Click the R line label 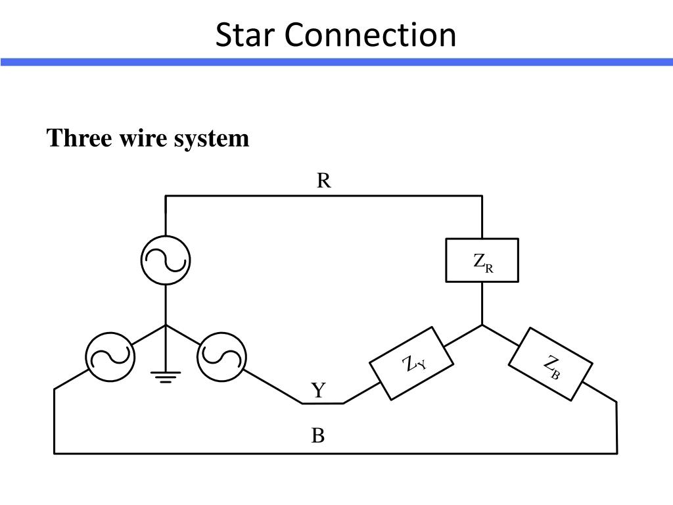[323, 180]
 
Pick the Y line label [319, 391]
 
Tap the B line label [318, 435]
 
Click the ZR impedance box [482, 260]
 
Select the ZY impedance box [411, 363]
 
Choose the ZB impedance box [551, 364]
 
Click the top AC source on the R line [166, 260]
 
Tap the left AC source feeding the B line [110, 357]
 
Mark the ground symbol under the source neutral [166, 377]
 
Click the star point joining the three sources [166, 325]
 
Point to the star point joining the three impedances [482, 325]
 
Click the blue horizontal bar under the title [336, 62]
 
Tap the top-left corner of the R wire [166, 196]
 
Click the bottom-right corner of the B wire [617, 454]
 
